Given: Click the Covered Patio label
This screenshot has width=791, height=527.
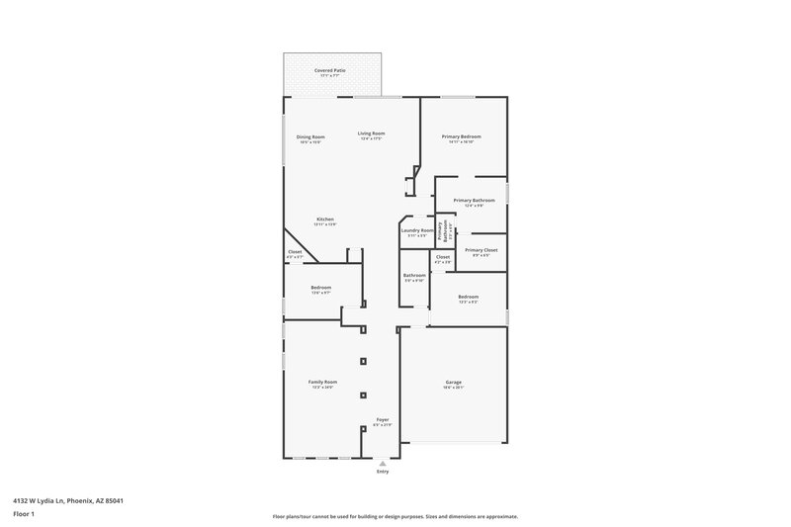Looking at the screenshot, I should point(330,71).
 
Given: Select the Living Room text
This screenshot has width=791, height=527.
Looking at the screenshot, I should point(371,132).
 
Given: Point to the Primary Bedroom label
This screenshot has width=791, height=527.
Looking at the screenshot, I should point(461,136).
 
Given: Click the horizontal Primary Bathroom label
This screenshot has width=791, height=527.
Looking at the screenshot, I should point(474,200).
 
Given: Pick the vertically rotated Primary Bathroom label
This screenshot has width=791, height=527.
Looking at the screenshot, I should point(445,228).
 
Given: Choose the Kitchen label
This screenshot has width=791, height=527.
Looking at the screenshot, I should point(325,220).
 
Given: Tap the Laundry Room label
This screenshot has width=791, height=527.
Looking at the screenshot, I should point(416,230).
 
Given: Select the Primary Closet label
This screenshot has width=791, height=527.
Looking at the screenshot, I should point(481,250).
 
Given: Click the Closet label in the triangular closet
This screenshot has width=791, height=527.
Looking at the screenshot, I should point(295,251).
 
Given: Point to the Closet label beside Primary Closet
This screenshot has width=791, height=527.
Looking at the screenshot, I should point(443,257).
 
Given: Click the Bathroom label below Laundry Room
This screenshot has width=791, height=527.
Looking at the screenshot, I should point(414,275).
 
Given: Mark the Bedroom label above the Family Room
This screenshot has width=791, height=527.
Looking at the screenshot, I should point(321,288).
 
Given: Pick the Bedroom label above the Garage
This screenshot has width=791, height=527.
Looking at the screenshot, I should point(468,297).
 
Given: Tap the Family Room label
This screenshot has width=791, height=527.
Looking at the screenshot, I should point(323,382).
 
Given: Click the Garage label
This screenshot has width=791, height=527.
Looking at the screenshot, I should point(453,382).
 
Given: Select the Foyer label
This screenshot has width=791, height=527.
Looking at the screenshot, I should point(383,419).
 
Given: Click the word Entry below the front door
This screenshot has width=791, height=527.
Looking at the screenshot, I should point(383,471).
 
